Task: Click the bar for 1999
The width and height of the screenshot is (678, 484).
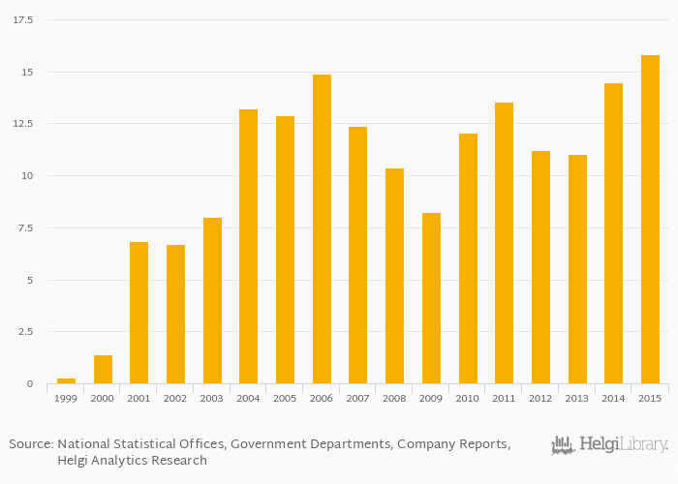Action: coord(66,380)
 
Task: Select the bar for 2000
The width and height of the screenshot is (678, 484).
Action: coord(103,370)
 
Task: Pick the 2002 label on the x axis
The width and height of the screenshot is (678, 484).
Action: coord(175,398)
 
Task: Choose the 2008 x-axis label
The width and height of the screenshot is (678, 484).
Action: coord(394,398)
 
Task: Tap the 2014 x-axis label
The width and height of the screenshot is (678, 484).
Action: coord(613,398)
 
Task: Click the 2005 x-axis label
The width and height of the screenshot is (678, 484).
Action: coord(285,398)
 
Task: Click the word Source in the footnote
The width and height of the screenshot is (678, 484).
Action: coord(31,444)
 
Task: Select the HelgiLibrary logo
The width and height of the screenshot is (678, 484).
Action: coord(609,445)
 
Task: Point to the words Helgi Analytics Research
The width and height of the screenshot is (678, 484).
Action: coord(132,461)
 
